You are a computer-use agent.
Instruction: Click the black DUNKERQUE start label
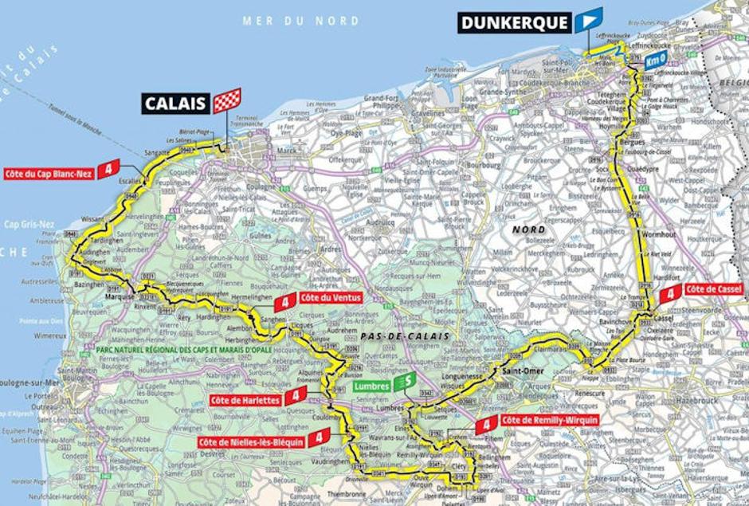[x=515, y=22]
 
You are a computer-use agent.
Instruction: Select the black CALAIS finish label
[x=176, y=102]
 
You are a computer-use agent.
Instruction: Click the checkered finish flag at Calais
[x=226, y=101]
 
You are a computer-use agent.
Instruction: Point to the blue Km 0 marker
[x=655, y=61]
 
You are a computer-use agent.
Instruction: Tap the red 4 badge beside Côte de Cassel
[x=671, y=292]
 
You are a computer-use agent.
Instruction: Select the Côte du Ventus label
[x=331, y=297]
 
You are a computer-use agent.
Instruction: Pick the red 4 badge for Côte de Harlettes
[x=296, y=395]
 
